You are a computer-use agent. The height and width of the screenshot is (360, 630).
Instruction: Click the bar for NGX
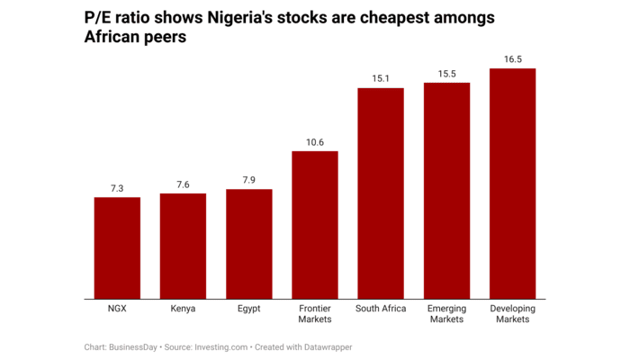[x=117, y=248]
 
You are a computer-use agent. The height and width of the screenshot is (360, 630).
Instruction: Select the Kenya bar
[x=183, y=247]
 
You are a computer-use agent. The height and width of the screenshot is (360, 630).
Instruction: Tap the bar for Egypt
[x=249, y=244]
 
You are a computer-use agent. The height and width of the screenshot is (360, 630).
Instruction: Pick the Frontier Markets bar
[x=315, y=225]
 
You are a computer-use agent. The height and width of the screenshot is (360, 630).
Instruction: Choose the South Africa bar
[x=381, y=193]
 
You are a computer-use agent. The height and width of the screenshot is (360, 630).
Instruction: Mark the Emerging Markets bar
[x=447, y=191]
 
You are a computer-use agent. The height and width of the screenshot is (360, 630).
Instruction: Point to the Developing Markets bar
[x=513, y=184]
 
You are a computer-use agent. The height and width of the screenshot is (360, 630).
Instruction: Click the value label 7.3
[x=117, y=188]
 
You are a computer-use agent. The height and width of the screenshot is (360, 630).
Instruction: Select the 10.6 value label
[x=315, y=142]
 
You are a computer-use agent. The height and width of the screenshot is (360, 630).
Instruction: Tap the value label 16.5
[x=513, y=59]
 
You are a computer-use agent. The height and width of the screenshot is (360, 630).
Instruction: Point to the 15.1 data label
[x=381, y=79]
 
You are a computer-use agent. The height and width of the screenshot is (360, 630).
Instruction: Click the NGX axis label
[x=117, y=309]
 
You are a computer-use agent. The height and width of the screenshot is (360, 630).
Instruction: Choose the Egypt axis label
[x=249, y=309]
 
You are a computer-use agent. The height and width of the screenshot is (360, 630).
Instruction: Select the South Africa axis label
[x=381, y=309]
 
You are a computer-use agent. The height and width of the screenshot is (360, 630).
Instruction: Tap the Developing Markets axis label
[x=513, y=314]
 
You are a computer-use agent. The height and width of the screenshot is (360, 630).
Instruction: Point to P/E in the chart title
[x=99, y=18]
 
